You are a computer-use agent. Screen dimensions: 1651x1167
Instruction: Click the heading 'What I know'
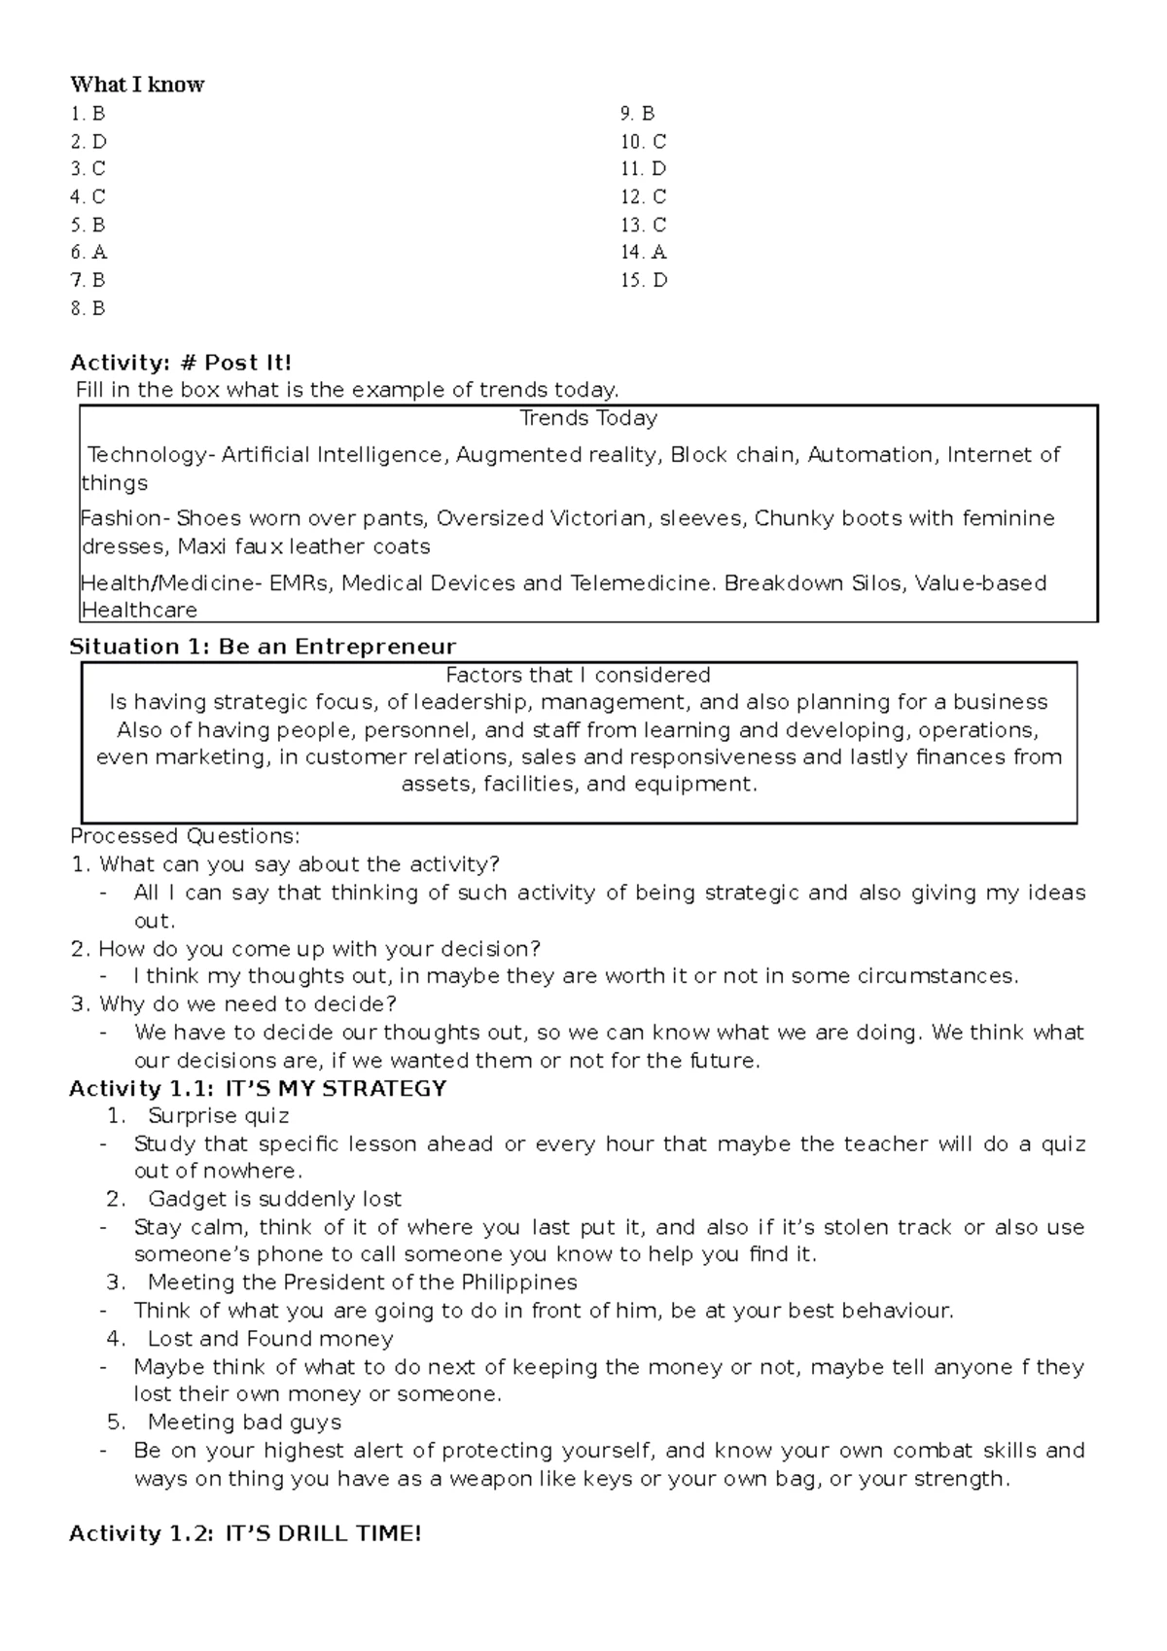pos(137,85)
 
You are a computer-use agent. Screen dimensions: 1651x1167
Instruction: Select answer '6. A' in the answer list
pos(88,253)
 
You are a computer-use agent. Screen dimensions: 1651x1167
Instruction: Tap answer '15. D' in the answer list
pos(644,281)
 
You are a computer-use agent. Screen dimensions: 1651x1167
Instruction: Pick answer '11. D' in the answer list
pos(643,169)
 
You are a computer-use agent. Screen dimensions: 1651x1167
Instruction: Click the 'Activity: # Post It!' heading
pos(181,364)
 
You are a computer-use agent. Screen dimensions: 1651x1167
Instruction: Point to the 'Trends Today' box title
pos(588,418)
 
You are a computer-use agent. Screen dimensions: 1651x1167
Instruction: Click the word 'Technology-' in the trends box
pos(150,455)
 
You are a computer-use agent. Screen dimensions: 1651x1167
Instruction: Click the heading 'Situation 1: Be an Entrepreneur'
pos(263,647)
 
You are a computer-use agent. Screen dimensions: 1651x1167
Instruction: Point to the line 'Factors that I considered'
pos(578,675)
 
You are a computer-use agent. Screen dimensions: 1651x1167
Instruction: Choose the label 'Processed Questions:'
pos(186,836)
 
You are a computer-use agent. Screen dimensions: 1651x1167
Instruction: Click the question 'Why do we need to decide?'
pos(248,1003)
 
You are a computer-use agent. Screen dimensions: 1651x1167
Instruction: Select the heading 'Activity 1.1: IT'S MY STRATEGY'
pos(258,1089)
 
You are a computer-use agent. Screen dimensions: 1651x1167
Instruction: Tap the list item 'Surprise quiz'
pos(218,1116)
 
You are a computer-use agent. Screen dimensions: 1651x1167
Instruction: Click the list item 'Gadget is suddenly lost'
pos(274,1199)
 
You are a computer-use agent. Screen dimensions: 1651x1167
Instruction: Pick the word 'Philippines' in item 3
pos(518,1282)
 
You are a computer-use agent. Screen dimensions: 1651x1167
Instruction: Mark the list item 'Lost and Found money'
pos(270,1339)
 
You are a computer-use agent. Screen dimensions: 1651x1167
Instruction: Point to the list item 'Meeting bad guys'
pos(244,1423)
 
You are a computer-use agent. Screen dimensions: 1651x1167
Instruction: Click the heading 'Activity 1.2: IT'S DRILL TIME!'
pos(245,1534)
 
